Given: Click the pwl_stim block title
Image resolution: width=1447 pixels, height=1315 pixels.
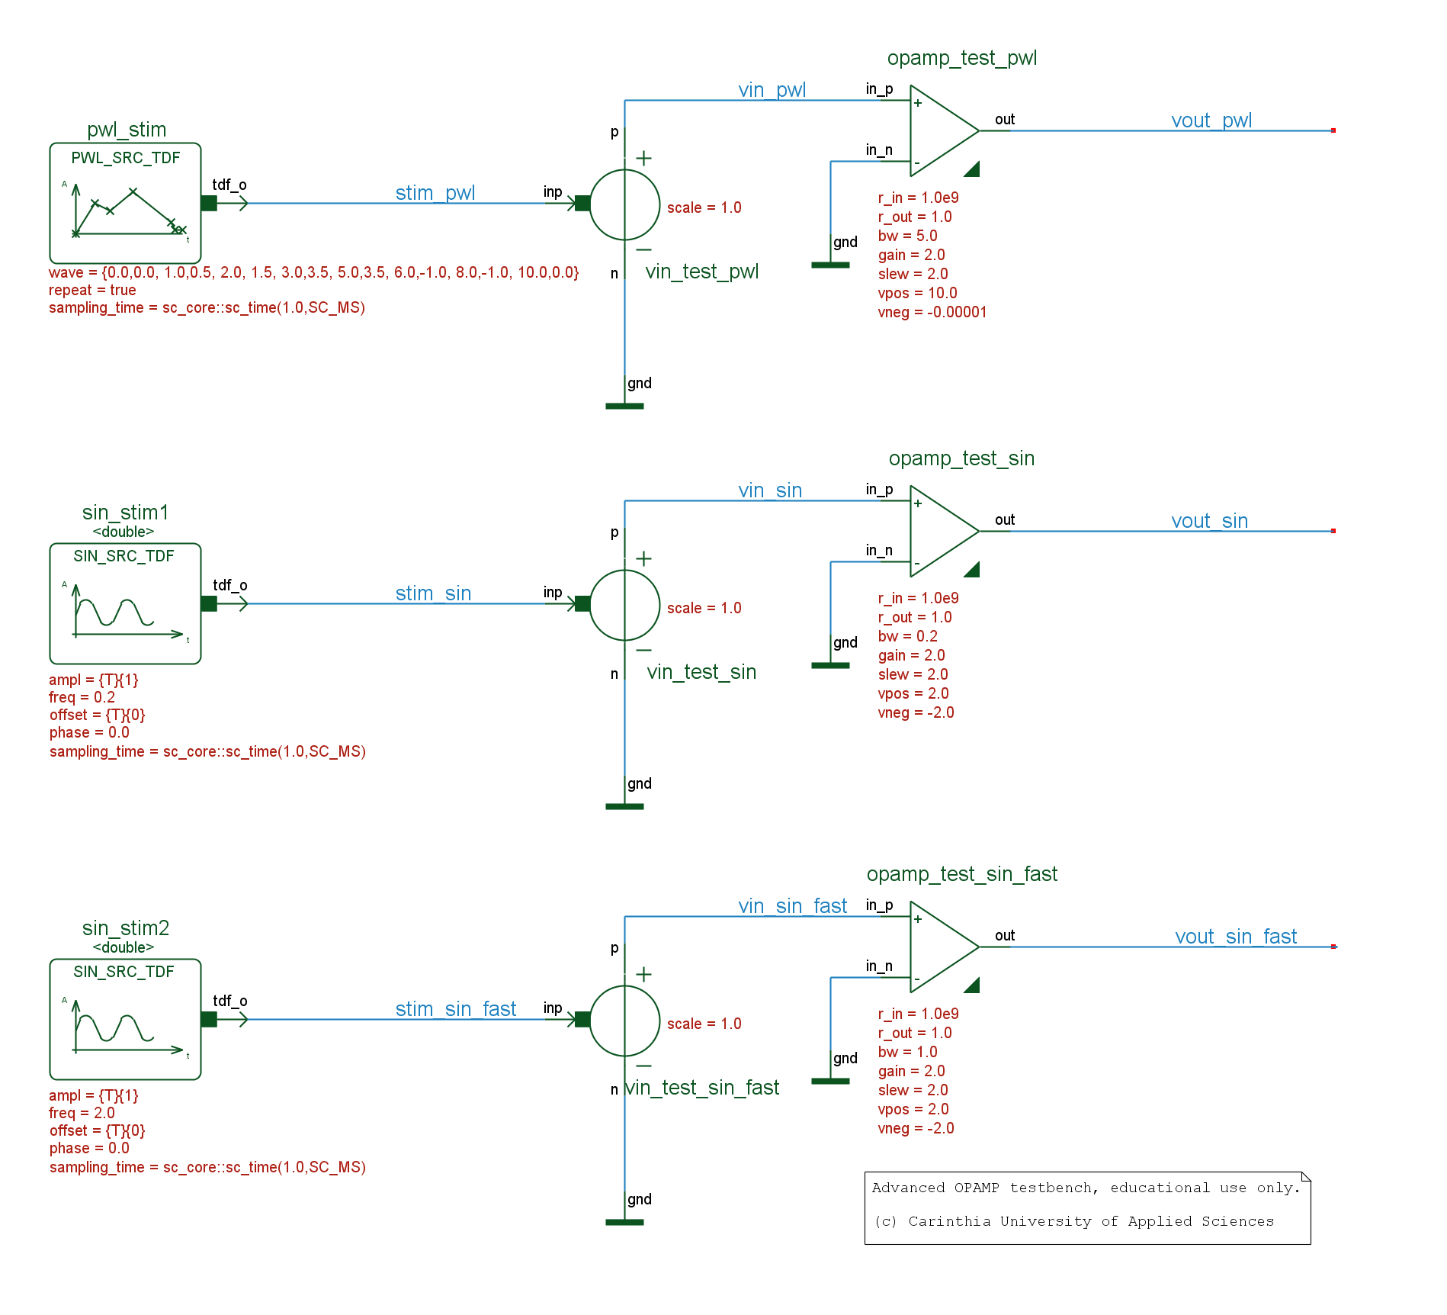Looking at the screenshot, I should [x=127, y=130].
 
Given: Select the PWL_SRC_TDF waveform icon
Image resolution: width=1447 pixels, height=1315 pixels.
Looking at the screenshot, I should [x=126, y=210].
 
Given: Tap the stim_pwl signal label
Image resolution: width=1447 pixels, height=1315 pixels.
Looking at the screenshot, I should [x=435, y=193].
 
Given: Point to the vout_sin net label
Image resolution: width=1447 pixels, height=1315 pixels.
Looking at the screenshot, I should [x=1209, y=521].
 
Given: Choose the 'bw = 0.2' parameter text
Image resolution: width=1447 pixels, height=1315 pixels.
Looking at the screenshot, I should [x=907, y=636].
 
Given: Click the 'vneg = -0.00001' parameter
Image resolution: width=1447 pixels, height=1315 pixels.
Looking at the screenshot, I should [x=932, y=312].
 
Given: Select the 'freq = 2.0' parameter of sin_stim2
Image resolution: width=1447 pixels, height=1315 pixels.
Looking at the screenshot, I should [x=82, y=1113].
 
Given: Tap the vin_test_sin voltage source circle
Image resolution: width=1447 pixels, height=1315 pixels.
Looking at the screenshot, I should [x=624, y=604].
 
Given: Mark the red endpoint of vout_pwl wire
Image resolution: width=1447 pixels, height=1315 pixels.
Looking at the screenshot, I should [x=1333, y=130].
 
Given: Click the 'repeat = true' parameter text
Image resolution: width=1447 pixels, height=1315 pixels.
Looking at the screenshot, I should [x=92, y=290].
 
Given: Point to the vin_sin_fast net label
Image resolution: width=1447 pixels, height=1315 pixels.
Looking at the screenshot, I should [x=792, y=906].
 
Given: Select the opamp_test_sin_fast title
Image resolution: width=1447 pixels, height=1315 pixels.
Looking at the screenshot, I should [x=961, y=874].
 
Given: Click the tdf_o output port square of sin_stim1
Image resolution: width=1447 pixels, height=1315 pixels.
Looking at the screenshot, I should [x=209, y=603].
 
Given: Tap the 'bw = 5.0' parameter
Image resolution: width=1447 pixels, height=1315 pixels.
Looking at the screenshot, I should [x=907, y=236].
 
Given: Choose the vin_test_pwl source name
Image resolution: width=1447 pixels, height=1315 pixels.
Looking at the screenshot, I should [x=701, y=272].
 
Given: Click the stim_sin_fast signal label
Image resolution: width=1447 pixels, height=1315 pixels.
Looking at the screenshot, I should [x=455, y=1009].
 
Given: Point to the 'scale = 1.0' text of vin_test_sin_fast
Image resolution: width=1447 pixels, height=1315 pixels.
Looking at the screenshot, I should [x=704, y=1024].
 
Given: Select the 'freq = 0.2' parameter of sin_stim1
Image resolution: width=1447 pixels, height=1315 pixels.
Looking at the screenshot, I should [x=82, y=697].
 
